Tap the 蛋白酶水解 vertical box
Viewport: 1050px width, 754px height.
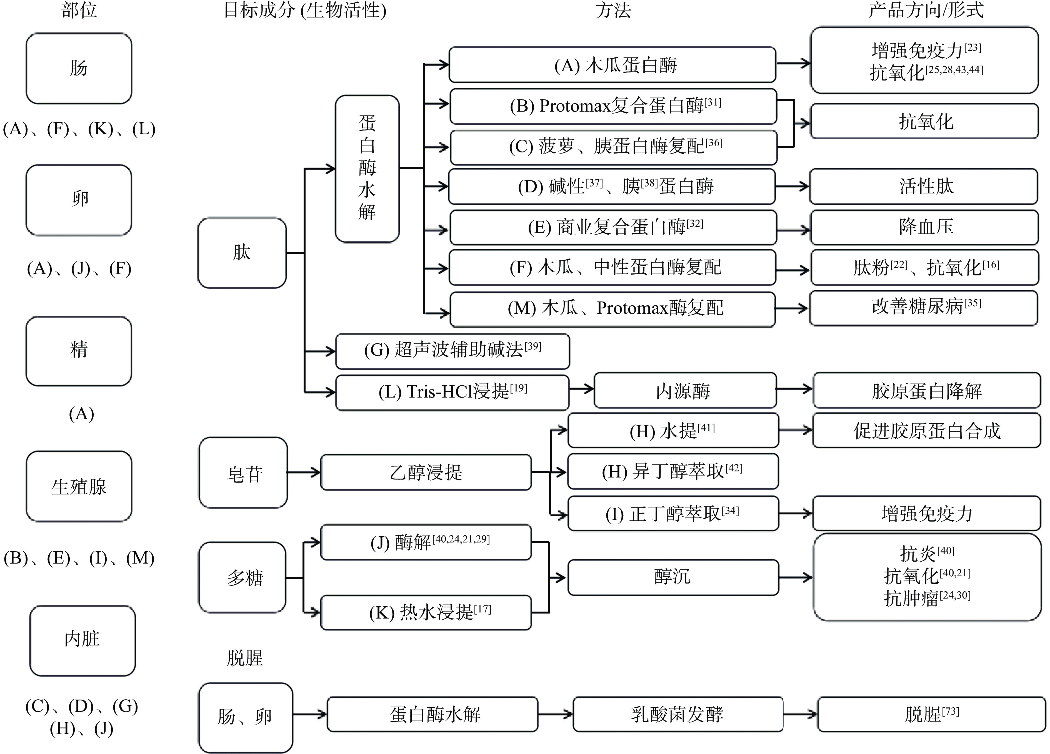coord(367,169)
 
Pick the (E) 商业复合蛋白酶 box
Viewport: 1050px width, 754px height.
coord(613,227)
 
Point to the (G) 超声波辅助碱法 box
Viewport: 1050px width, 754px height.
coord(452,351)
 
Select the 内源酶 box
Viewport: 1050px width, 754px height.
coord(684,391)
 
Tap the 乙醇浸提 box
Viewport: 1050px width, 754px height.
coord(426,472)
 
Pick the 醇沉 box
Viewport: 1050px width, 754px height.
coord(673,577)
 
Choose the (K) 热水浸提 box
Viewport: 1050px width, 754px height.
coord(426,612)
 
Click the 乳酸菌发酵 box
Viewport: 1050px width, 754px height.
coord(677,715)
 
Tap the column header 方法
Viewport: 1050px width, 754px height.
coord(613,10)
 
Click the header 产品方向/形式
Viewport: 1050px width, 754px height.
coord(926,10)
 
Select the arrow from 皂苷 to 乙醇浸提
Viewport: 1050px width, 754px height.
coord(304,472)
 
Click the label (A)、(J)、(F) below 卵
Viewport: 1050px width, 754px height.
coord(79,268)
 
